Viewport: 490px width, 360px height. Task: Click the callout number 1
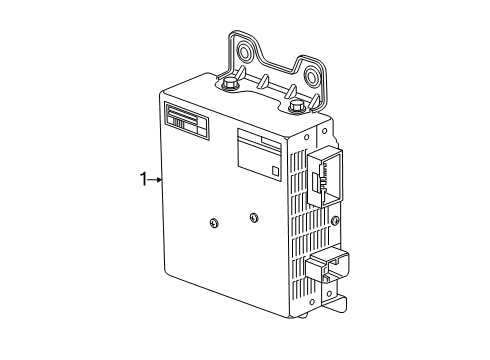point(143,180)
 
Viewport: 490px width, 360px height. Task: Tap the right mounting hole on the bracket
point(313,76)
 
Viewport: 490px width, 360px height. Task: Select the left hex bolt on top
point(229,84)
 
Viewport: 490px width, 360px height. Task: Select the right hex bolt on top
point(295,107)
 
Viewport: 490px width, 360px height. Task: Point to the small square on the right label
point(275,171)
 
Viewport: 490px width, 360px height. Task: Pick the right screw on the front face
point(253,216)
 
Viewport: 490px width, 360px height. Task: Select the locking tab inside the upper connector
point(318,182)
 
